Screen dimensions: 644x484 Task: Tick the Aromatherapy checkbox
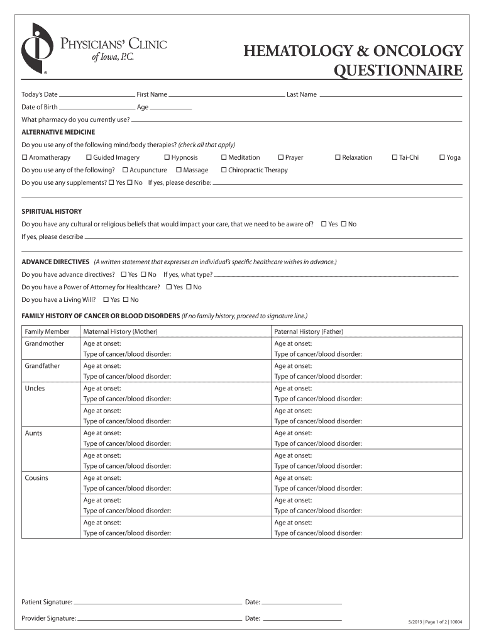(x=25, y=157)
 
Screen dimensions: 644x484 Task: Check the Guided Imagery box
(x=89, y=157)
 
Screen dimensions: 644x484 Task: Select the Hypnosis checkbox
(x=167, y=157)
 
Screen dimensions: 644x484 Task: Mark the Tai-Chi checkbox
(x=394, y=157)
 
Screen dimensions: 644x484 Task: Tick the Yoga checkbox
(x=442, y=157)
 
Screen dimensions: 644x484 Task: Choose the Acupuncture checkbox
(x=125, y=170)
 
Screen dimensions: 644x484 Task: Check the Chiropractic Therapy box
(x=224, y=170)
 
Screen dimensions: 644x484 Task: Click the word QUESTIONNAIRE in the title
(x=397, y=70)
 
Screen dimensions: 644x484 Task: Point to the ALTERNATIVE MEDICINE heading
(x=58, y=132)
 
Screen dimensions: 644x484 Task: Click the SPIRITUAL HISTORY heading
(x=52, y=211)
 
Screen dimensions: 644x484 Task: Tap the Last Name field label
(x=302, y=94)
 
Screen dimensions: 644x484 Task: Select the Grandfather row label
(x=42, y=365)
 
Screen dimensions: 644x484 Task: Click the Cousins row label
(x=36, y=477)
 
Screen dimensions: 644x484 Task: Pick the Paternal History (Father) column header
(x=309, y=331)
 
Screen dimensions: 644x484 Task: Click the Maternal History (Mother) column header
(x=120, y=331)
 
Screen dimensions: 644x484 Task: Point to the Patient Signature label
(x=47, y=602)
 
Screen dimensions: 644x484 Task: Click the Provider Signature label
(x=48, y=618)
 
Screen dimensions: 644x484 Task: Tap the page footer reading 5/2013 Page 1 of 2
(x=434, y=622)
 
